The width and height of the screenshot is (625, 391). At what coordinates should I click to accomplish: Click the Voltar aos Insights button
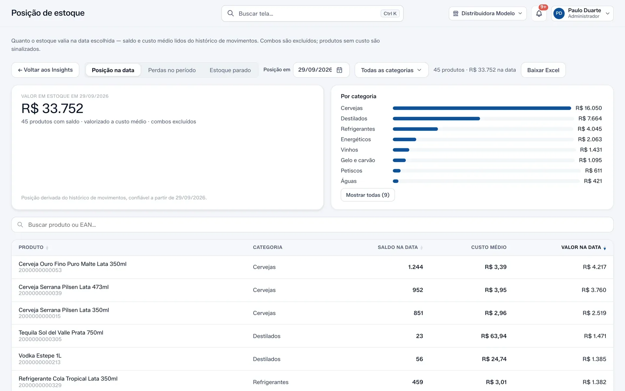coord(45,70)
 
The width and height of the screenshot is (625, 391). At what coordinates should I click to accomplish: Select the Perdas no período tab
coord(172,70)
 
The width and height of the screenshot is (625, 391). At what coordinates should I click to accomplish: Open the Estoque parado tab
coord(230,70)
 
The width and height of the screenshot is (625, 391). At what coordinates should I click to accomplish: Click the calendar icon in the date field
coord(340,70)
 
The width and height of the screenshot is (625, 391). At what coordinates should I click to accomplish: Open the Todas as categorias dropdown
coord(391,70)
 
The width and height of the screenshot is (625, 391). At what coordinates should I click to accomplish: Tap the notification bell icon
coord(539,14)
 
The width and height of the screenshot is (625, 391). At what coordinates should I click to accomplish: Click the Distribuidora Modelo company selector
coord(488,13)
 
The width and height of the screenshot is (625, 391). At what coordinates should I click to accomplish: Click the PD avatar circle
coord(559,13)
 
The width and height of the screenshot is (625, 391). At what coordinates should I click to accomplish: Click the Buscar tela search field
coord(312,13)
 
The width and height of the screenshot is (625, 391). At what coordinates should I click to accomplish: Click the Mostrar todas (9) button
coord(368,195)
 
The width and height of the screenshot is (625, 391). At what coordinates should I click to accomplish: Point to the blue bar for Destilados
coord(436,119)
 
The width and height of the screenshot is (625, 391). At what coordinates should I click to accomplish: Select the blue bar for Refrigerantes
coord(415,129)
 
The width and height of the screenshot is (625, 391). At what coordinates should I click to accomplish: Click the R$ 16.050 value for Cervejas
coord(589,108)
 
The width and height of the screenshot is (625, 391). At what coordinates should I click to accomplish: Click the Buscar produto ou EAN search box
coord(312,225)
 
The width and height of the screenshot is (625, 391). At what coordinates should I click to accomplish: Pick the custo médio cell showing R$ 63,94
coord(494,336)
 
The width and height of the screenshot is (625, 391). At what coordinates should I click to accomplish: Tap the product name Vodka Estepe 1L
coord(40,356)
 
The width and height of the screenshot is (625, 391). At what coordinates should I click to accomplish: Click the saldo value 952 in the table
coord(418,290)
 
